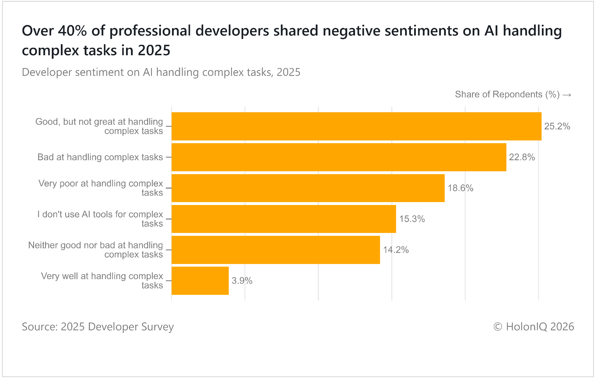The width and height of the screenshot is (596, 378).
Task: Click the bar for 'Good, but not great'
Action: tap(356, 126)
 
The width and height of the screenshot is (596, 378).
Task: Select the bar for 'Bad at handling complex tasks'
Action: tap(339, 157)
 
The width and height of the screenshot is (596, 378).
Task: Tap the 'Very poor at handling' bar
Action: tap(308, 188)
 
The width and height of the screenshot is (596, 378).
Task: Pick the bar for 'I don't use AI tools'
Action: tap(284, 219)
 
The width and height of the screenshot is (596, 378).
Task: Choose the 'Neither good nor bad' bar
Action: tap(276, 250)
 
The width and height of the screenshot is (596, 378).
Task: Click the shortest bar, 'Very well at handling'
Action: tap(200, 281)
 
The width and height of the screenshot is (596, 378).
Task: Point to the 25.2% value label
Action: tap(557, 126)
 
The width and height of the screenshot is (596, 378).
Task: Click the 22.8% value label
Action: tap(522, 157)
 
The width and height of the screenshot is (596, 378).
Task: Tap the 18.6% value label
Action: tap(460, 188)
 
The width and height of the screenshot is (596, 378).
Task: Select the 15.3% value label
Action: tap(412, 219)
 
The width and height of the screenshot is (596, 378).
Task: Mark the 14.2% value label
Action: tap(396, 250)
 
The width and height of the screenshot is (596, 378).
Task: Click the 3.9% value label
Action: tap(242, 281)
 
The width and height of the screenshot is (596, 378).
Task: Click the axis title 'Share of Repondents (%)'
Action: tap(507, 94)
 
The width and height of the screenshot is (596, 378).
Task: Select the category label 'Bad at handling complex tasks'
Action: tap(100, 157)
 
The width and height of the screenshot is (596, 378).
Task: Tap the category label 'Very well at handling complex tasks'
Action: tap(102, 281)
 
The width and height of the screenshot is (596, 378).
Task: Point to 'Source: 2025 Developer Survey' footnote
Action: tap(98, 327)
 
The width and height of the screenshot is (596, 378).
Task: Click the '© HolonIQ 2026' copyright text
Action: tap(534, 327)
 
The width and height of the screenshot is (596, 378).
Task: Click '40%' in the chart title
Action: tap(72, 31)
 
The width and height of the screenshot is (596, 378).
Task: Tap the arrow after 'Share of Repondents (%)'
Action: tap(567, 95)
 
